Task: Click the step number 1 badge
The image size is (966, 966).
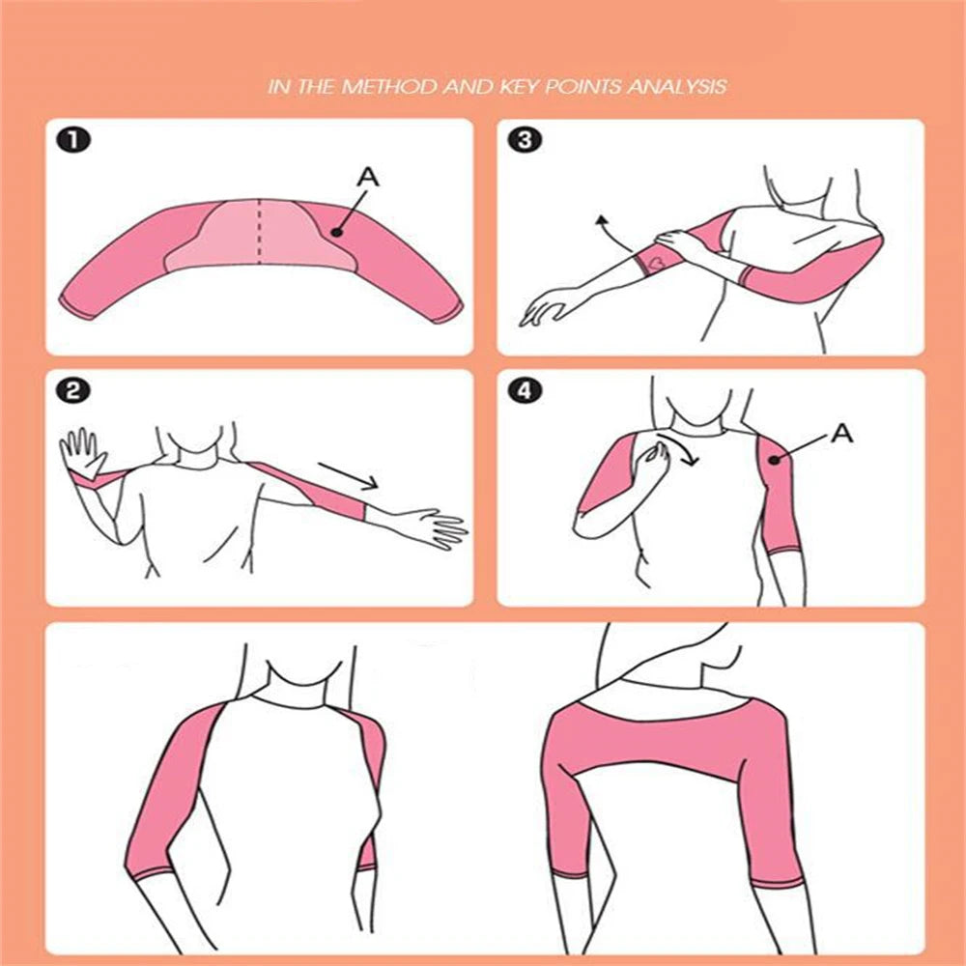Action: point(73,140)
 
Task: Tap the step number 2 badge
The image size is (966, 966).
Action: point(73,390)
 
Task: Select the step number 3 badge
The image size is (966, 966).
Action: point(525,140)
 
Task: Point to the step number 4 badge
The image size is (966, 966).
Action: point(525,390)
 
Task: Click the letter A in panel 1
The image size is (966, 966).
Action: point(368,178)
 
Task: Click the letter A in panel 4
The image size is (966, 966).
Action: point(842,433)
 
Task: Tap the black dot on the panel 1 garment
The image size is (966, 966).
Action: point(336,232)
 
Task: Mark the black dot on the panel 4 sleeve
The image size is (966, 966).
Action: point(775,460)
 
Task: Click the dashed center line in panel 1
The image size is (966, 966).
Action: point(259,232)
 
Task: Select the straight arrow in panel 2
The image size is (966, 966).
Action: point(349,476)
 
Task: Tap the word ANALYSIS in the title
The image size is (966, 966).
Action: point(677,86)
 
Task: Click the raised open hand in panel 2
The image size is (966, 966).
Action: point(82,453)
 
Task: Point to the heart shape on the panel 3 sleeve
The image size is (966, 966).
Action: point(657,261)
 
